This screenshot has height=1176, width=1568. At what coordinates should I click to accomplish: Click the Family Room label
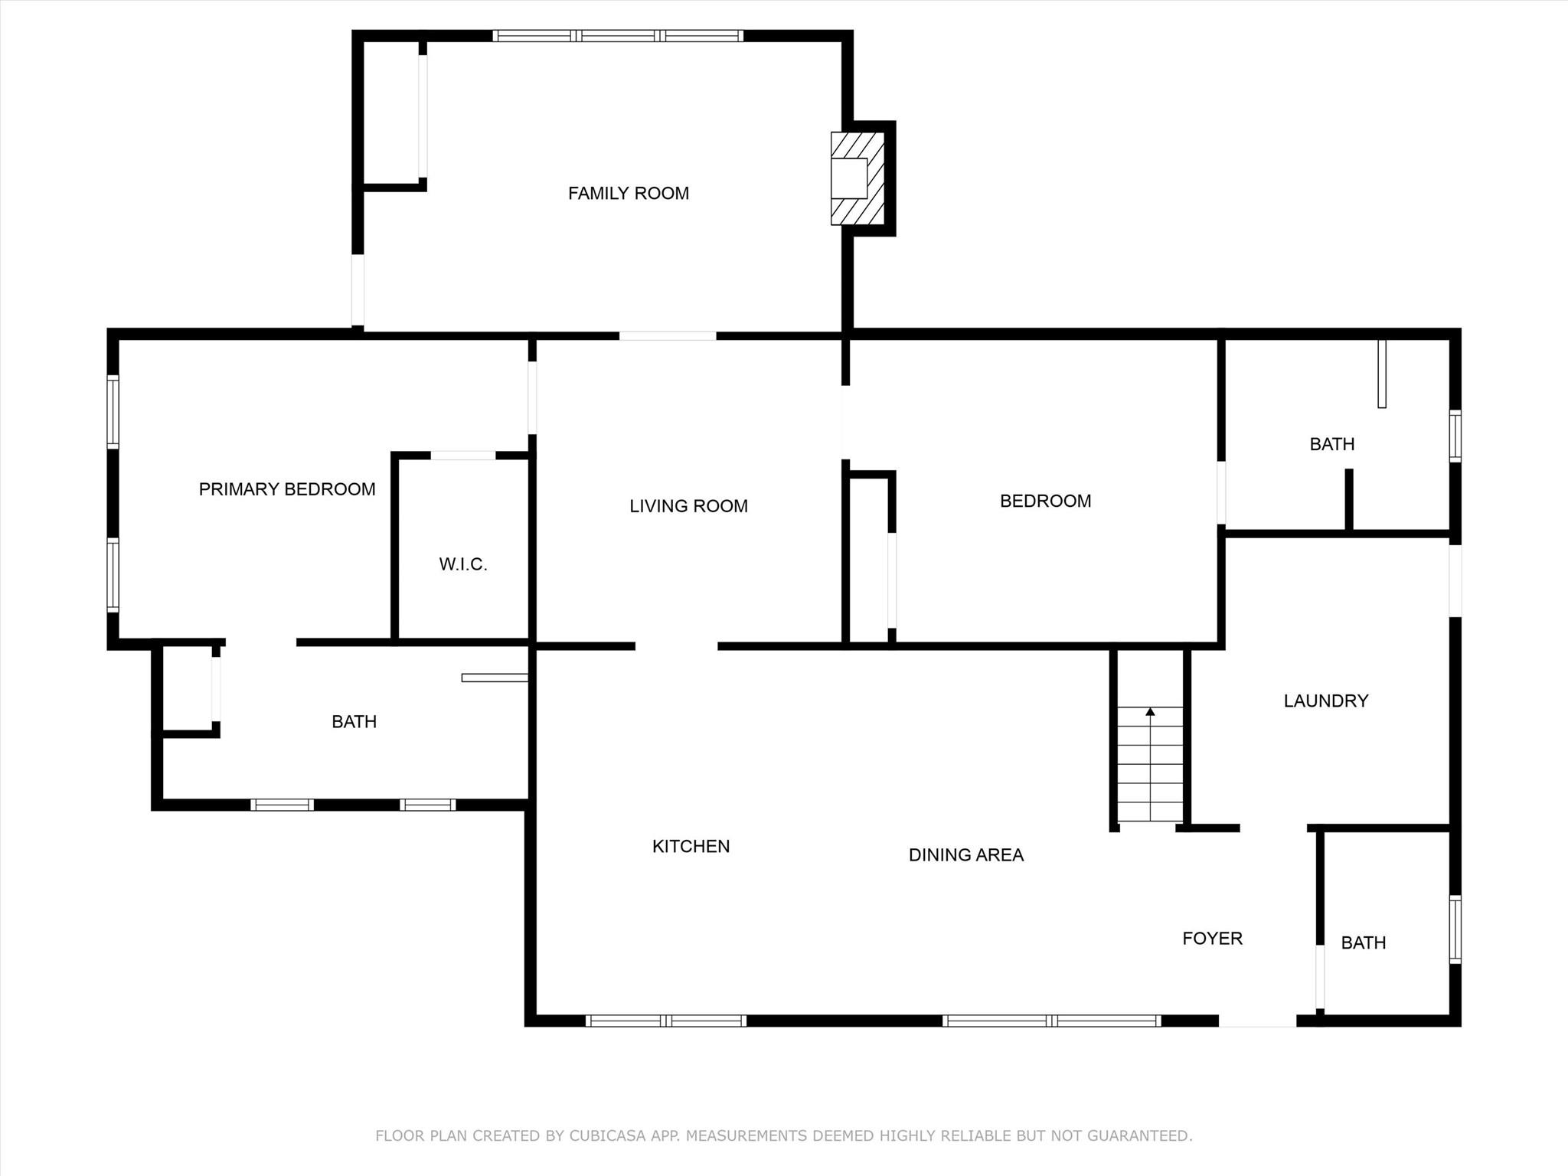pos(628,194)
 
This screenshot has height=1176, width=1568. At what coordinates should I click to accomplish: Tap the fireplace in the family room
pos(858,179)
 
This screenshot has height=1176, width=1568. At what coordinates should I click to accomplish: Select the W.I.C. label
pos(463,564)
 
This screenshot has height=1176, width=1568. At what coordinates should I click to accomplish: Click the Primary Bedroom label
pos(287,489)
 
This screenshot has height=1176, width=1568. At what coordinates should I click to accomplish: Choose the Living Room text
pos(688,506)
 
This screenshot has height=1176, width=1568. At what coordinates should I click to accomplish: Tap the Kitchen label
pos(691,846)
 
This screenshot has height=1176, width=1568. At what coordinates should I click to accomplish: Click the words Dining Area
pos(966,855)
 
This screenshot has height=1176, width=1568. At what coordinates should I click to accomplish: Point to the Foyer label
pos(1212,939)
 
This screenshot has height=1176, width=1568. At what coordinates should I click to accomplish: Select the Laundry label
pos(1326,701)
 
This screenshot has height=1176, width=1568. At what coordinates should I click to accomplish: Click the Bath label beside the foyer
pos(1364,942)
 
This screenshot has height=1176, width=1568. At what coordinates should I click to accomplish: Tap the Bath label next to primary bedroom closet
pos(354,722)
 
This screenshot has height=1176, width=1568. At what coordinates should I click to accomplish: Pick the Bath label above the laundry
pos(1332,444)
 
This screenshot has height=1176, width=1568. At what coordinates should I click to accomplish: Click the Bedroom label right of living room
pos(1046,501)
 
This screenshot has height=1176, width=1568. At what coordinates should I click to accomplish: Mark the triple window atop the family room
pos(618,35)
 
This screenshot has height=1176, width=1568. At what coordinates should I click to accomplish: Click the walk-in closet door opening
pos(463,456)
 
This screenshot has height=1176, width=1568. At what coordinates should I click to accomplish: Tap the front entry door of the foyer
pos(1257,1021)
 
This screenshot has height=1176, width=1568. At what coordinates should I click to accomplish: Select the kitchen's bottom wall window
pos(666,1021)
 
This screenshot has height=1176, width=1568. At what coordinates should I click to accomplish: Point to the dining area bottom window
pos(1052,1021)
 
